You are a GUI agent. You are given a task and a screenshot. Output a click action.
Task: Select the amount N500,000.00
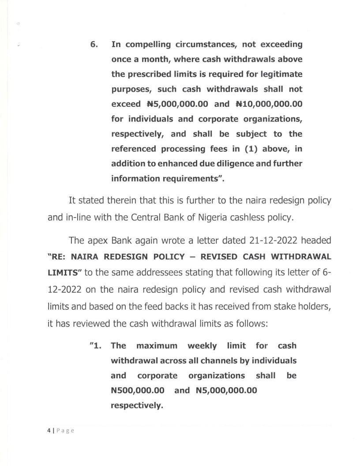138,391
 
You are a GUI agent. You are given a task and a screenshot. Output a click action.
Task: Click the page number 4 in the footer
49,430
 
